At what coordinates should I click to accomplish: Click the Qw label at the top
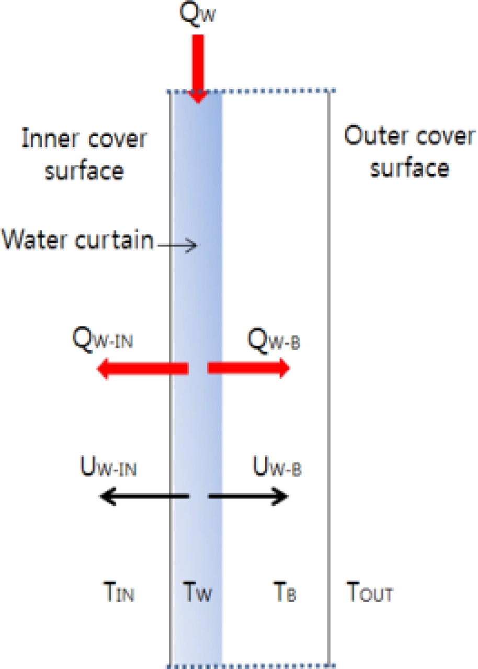[197, 14]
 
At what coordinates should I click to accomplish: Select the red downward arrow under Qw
[198, 69]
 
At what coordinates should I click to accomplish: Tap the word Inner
[50, 138]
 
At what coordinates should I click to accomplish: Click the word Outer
[376, 135]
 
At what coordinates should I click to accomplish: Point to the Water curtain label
[77, 239]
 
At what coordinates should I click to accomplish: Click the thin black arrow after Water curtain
[177, 245]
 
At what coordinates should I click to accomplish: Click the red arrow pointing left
[143, 369]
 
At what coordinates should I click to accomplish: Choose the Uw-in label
[108, 467]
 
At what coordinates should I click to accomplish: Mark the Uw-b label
[277, 466]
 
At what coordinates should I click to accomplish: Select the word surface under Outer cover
[409, 167]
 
